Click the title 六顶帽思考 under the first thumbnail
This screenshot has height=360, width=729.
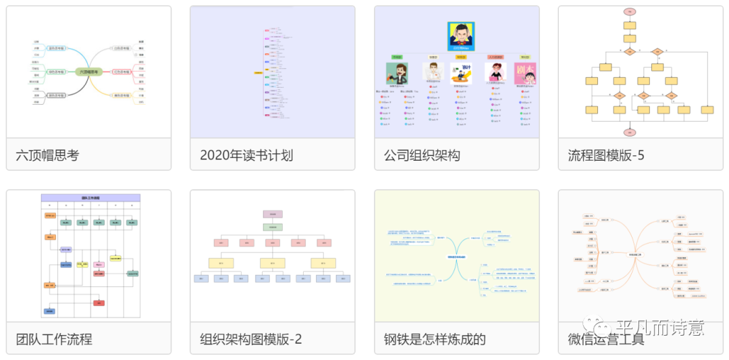(x=47, y=155)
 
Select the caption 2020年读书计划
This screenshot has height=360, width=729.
(x=246, y=155)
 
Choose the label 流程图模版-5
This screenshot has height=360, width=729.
(x=606, y=155)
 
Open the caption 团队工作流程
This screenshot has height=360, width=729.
(x=54, y=339)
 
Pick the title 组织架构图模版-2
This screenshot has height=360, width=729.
(x=251, y=339)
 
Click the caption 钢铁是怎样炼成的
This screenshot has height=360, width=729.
(x=435, y=339)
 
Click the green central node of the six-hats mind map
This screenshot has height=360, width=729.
(x=88, y=72)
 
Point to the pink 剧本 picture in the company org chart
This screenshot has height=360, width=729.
(x=525, y=72)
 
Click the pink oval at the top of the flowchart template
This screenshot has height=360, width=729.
(x=630, y=11)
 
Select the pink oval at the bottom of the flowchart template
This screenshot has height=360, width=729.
(x=630, y=132)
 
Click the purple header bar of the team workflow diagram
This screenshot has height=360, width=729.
(x=90, y=198)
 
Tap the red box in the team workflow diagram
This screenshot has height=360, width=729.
(x=99, y=303)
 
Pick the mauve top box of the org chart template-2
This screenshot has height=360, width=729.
(x=273, y=214)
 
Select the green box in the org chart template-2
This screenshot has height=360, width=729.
(x=273, y=228)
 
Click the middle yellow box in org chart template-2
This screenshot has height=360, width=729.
(x=273, y=263)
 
